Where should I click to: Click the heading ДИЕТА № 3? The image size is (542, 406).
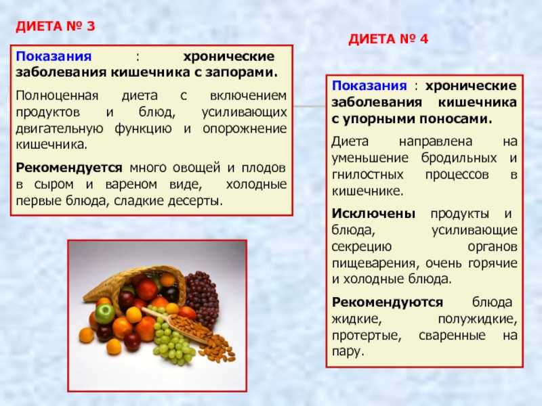(x=56, y=26)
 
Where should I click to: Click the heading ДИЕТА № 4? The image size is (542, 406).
(x=388, y=39)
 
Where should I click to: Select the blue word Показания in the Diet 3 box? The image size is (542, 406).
(x=54, y=56)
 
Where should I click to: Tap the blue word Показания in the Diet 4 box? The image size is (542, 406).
(x=369, y=86)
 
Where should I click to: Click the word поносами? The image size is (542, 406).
(x=456, y=119)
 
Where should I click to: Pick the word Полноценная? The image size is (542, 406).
(x=57, y=95)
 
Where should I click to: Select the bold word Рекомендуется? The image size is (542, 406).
(x=69, y=168)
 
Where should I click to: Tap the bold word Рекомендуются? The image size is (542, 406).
(x=388, y=302)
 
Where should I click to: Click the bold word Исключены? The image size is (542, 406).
(x=373, y=214)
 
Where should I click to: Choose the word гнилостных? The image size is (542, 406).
(x=367, y=175)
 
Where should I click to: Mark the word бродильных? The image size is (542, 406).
(x=459, y=158)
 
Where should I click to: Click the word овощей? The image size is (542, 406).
(x=196, y=168)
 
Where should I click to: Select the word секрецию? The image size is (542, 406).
(x=362, y=247)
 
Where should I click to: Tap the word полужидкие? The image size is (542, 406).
(x=478, y=319)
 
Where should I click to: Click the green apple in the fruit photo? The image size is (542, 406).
(x=105, y=313)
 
